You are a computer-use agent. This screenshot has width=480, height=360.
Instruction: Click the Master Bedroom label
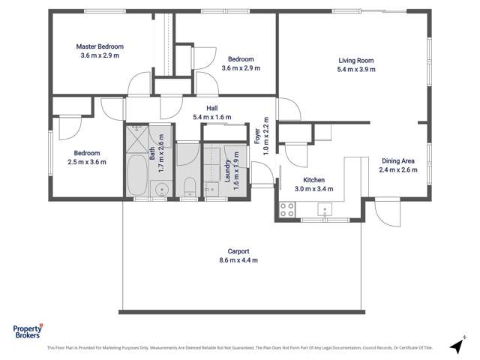coord(100,46)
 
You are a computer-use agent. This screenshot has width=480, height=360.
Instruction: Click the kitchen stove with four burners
coord(287,210)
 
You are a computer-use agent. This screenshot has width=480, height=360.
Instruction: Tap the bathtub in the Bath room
coord(137,175)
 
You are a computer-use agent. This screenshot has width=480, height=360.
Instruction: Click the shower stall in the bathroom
coord(138,139)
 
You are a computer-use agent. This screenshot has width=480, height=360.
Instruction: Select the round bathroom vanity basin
coord(160,188)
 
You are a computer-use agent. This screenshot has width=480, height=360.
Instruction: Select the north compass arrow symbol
coord(454,346)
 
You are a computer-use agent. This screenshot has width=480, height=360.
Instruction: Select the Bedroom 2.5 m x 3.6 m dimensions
coord(87,161)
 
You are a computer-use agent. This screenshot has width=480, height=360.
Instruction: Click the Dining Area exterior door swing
coord(389,214)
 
